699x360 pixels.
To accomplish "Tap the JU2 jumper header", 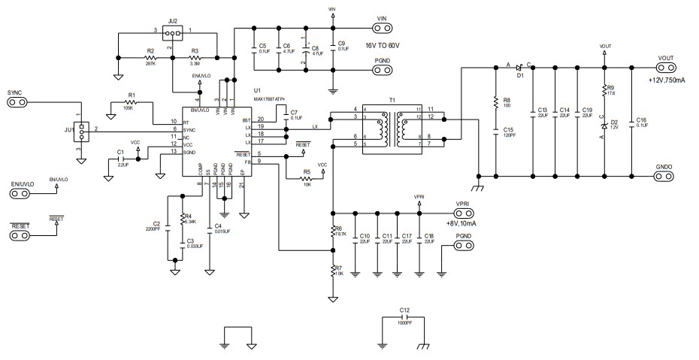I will coord(172,35).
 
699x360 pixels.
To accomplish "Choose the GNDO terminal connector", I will coord(664,177).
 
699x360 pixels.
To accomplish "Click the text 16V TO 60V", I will coord(389,45).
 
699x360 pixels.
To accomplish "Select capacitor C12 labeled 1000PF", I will coord(404,319).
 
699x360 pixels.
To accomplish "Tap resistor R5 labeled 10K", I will coord(307,178).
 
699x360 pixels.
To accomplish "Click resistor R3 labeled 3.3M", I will coord(195,57).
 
